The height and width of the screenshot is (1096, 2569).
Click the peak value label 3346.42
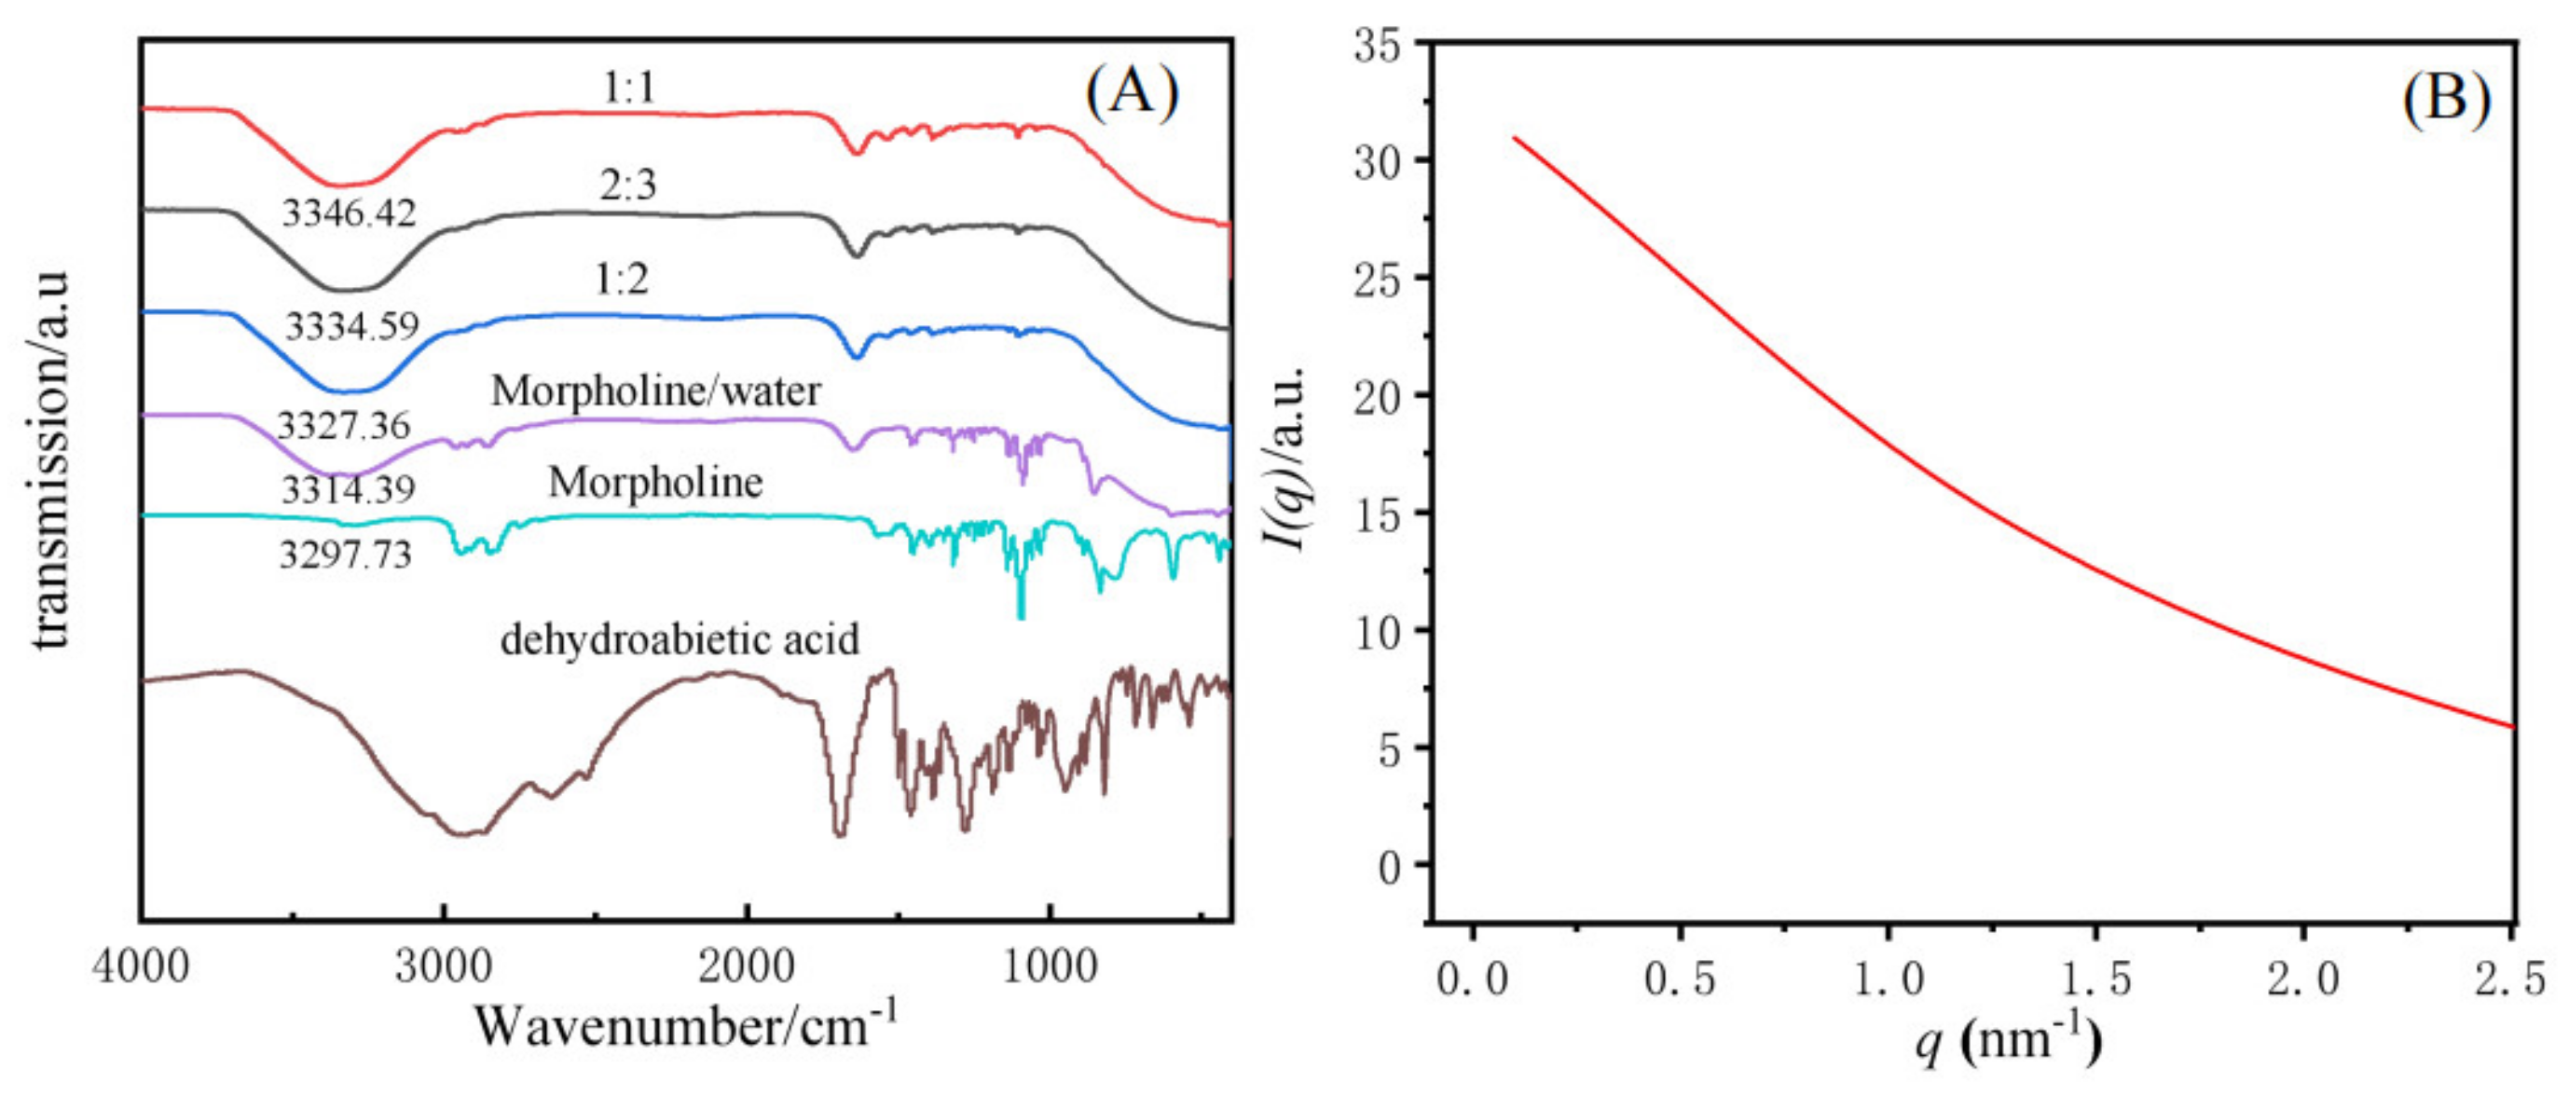[x=348, y=213]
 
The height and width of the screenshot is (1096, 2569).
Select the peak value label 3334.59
[x=352, y=326]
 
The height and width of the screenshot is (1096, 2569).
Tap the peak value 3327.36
[x=344, y=426]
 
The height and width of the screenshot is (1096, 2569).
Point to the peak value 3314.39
[x=348, y=489]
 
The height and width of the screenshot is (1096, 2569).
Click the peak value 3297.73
[x=345, y=554]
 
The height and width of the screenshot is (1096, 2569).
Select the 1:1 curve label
[x=629, y=89]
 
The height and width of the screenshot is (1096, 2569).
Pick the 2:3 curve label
[x=627, y=185]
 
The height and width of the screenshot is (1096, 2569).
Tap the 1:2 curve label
[x=622, y=281]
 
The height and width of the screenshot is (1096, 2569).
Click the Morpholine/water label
[x=655, y=390]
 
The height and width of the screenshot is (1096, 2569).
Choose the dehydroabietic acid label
[x=680, y=639]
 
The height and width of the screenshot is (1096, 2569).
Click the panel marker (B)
[x=2445, y=100]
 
